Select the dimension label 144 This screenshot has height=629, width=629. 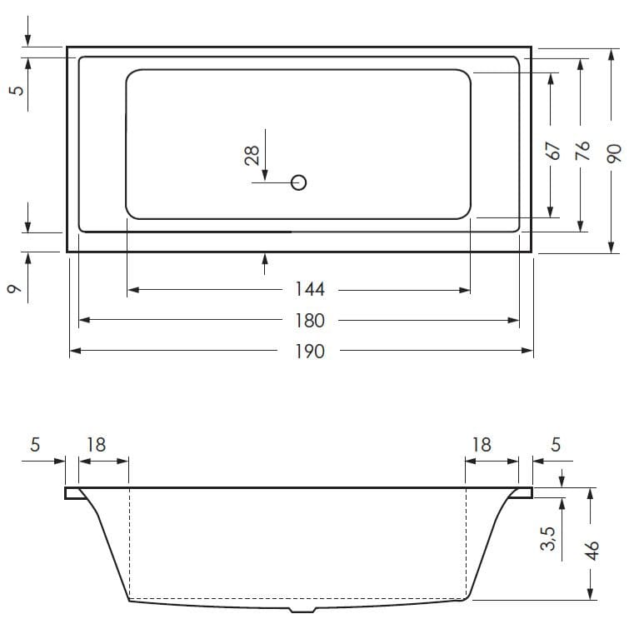pos(310,290)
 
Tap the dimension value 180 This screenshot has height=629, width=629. pos(310,321)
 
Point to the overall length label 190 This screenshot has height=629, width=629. pos(310,352)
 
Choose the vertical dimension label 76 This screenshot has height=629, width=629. pos(582,151)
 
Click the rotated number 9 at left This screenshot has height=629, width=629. pos(14,289)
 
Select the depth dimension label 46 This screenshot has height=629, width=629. pos(592,552)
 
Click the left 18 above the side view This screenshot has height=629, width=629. pos(97,445)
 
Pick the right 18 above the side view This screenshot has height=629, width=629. pos(482,445)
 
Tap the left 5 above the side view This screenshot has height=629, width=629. pos(35,445)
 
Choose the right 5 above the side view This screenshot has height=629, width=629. pos(556,445)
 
